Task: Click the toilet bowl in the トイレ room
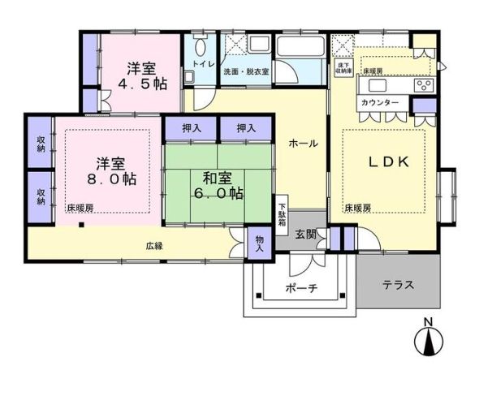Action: (200, 47)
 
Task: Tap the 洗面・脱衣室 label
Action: (246, 72)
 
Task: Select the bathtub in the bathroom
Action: (301, 46)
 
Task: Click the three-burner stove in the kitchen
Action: (424, 84)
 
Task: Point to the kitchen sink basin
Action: (378, 85)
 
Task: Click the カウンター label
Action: (380, 102)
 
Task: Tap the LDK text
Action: (388, 162)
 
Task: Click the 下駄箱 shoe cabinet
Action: (282, 215)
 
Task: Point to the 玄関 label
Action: (306, 235)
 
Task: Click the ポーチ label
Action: (301, 288)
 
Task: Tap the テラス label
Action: (398, 285)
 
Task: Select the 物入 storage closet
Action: (259, 243)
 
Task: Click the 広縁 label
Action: (154, 246)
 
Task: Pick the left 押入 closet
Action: (191, 128)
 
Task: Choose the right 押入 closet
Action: (246, 128)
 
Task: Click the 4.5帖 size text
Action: (142, 84)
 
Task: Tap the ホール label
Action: (304, 143)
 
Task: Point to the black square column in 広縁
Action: (81, 225)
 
